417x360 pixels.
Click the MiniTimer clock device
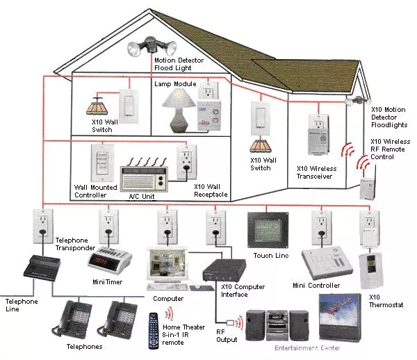pyautogui.click(x=108, y=259)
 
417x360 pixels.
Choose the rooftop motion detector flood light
pyautogui.click(x=147, y=46)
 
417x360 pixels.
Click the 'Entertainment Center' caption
pyautogui.click(x=306, y=347)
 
